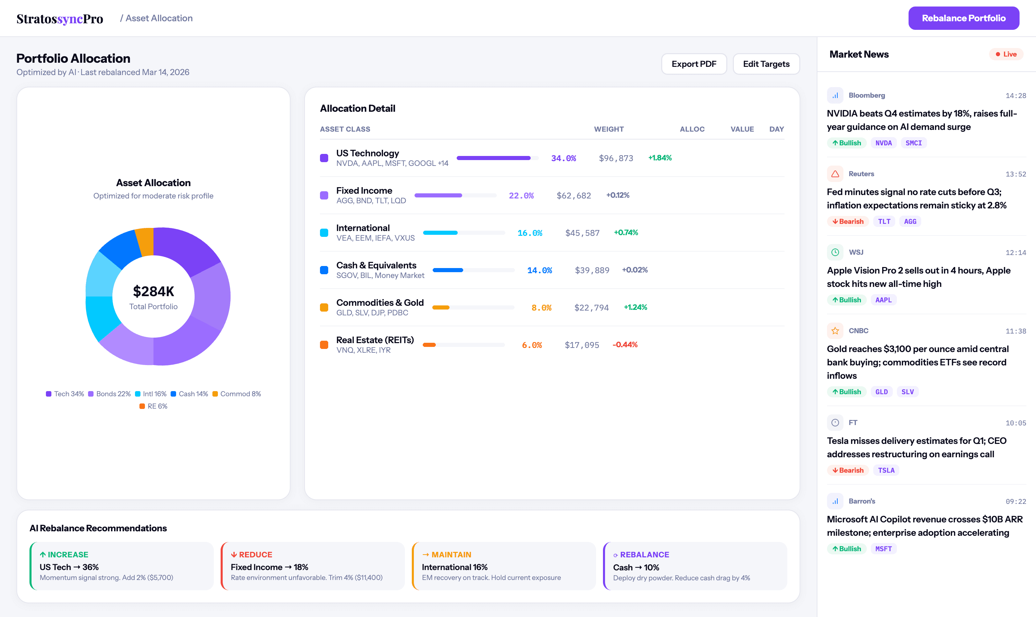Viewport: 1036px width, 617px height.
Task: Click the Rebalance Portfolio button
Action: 963,18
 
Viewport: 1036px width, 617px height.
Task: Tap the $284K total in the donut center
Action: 153,291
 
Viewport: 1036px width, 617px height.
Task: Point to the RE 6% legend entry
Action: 153,406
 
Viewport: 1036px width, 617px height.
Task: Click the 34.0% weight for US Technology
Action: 563,158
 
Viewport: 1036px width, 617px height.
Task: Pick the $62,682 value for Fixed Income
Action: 573,196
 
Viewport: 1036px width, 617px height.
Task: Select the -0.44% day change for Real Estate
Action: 625,345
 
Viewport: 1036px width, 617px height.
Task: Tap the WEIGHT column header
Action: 608,129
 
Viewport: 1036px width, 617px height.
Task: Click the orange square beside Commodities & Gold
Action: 324,308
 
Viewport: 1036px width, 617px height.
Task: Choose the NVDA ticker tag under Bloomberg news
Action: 883,143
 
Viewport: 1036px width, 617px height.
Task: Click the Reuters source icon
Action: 835,174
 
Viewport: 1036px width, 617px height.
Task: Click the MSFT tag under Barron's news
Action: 883,549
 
